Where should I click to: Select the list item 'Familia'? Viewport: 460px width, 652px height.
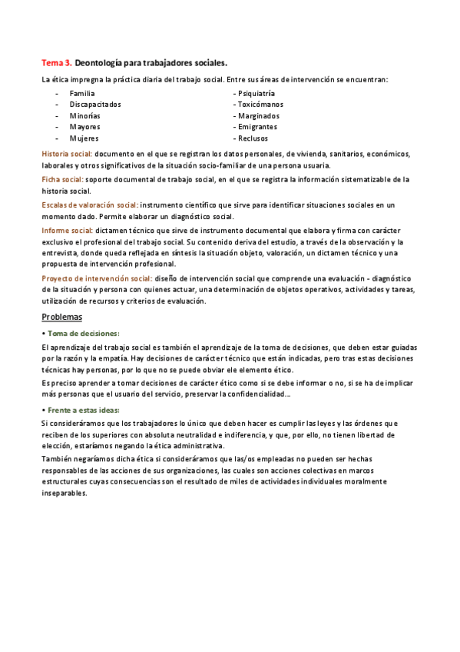coord(82,93)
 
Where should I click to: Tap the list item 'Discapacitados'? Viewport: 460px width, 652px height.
coord(94,104)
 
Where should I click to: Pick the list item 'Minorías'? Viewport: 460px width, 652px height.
coord(84,115)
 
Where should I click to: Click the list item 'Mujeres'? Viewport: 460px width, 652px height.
coord(84,138)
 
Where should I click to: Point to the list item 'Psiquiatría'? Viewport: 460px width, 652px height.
coord(256,93)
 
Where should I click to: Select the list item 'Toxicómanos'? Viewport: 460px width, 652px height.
coord(260,104)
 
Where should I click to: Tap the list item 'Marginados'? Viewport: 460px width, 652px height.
coord(258,115)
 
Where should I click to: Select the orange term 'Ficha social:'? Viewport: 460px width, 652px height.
coord(62,179)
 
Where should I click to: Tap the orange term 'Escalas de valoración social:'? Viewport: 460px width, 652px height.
coord(90,205)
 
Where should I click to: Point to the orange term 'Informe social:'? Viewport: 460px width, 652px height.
coord(67,231)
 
